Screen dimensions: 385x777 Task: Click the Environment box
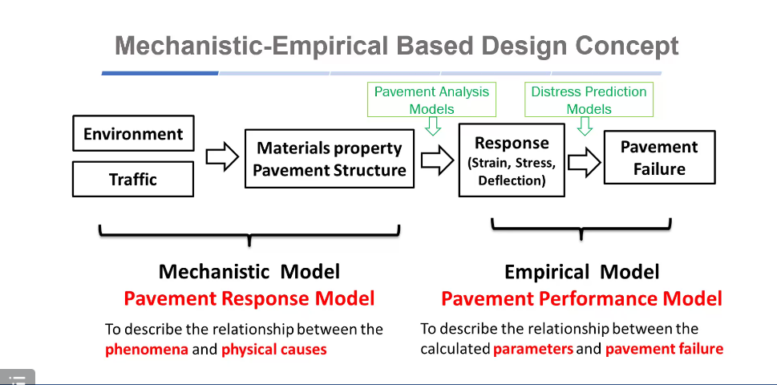(133, 134)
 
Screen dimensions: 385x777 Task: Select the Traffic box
(133, 179)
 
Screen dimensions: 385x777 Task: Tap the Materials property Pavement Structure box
(330, 159)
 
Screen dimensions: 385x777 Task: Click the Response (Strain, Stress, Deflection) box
(512, 160)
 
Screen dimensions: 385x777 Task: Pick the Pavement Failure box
(659, 158)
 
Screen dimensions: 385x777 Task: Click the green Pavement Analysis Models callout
(431, 100)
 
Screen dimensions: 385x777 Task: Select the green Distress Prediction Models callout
(589, 100)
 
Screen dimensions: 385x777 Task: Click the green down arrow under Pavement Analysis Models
(433, 126)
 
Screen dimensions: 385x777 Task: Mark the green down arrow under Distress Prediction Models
(585, 126)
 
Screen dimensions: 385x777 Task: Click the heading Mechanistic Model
(249, 271)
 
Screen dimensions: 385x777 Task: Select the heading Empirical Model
(581, 272)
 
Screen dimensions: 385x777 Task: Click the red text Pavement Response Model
(249, 299)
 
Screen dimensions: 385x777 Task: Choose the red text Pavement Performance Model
(581, 299)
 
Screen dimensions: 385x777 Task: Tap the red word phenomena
(147, 349)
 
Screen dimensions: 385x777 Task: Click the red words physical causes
(274, 349)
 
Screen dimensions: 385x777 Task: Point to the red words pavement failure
(664, 348)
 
